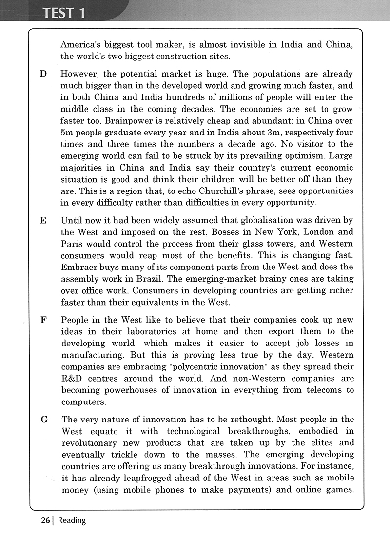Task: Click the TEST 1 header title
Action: click(64, 13)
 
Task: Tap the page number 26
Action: click(45, 520)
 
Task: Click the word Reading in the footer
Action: click(72, 520)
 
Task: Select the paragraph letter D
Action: click(43, 74)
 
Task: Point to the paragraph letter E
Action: click(43, 220)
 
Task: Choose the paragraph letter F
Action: click(43, 320)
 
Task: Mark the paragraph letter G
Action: click(44, 420)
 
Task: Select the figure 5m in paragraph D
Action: click(67, 133)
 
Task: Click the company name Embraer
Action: click(81, 267)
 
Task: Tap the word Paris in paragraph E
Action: click(72, 244)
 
